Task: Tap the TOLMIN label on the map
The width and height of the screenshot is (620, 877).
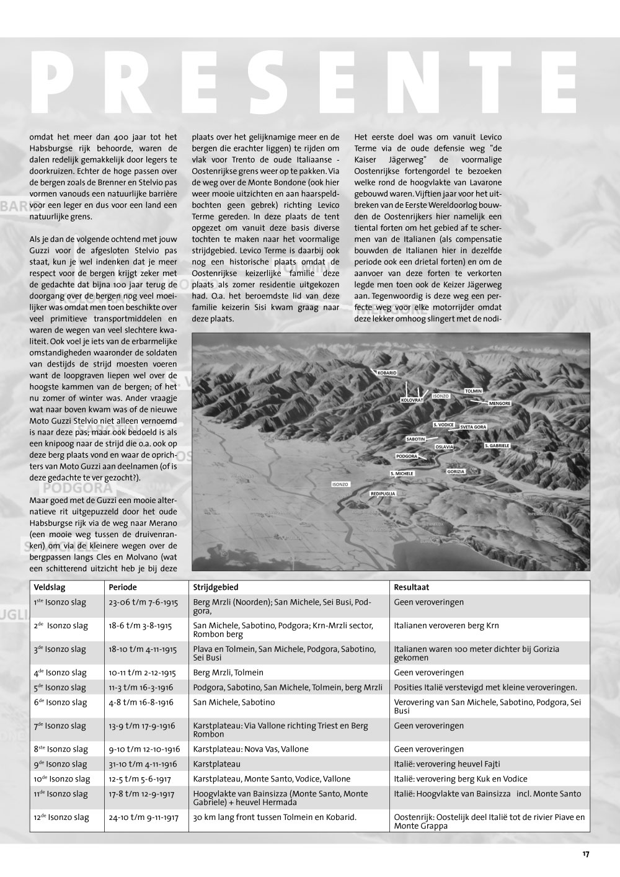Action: pos(474,391)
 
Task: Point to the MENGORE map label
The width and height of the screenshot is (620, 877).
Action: pos(500,403)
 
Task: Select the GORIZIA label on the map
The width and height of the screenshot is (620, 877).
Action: pos(456,471)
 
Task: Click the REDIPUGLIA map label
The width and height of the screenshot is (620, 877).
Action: pos(383,494)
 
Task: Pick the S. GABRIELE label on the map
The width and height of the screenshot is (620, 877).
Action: pos(497,446)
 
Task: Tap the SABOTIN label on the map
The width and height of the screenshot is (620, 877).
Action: pos(416,439)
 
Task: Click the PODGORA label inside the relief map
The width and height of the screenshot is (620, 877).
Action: pos(407,456)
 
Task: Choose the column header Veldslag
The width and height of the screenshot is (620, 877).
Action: pos(50,587)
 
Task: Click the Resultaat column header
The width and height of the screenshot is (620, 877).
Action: pos(412,587)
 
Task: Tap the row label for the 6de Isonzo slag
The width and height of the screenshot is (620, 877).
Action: pos(60,703)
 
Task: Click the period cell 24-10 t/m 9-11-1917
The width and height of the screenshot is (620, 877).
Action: pos(143,817)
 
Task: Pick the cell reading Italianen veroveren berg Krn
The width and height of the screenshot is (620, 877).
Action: pos(446,626)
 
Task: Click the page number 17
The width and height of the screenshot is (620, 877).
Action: pos(586,854)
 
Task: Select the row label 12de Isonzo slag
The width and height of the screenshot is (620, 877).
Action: pos(61,817)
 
